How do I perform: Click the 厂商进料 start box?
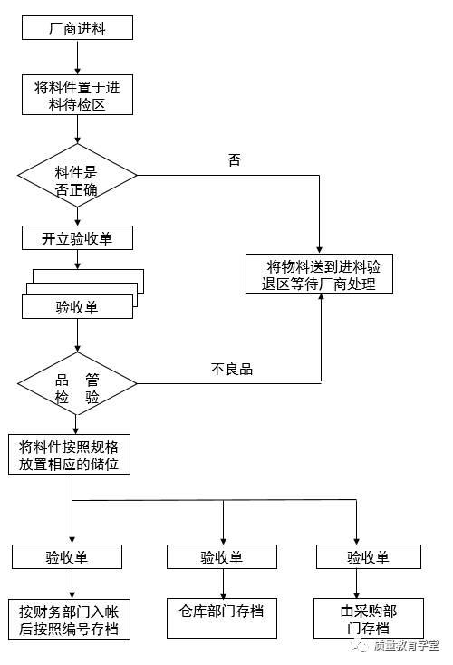(x=77, y=29)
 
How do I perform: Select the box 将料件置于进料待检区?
(x=77, y=95)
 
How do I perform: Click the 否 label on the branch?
(x=235, y=160)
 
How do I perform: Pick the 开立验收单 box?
(x=77, y=238)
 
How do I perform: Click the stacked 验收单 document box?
(x=78, y=306)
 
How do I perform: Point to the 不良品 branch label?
(x=231, y=369)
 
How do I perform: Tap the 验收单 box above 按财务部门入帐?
(x=72, y=557)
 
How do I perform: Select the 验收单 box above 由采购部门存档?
(x=368, y=557)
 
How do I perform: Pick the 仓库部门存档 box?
(x=221, y=611)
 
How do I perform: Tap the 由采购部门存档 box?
(x=367, y=619)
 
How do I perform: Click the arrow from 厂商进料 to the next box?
(x=77, y=57)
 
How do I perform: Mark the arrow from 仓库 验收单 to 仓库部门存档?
(x=221, y=583)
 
